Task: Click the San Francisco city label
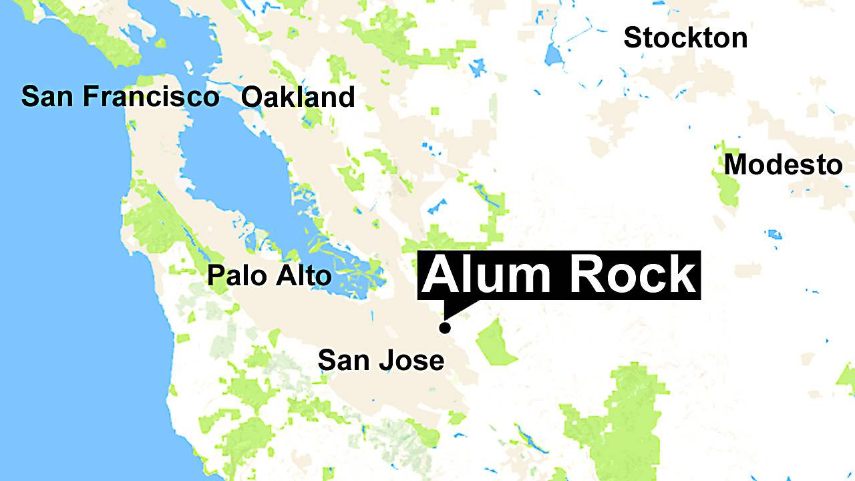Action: pyautogui.click(x=120, y=97)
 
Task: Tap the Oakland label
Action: pyautogui.click(x=298, y=98)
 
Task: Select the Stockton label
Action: pyautogui.click(x=685, y=38)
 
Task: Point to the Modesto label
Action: pyautogui.click(x=783, y=164)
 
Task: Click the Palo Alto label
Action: pyautogui.click(x=269, y=275)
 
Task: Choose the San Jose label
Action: pyautogui.click(x=381, y=361)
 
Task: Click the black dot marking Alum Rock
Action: pyautogui.click(x=444, y=327)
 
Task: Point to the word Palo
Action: pyautogui.click(x=232, y=275)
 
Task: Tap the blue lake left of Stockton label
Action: pyautogui.click(x=554, y=53)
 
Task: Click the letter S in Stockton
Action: pyautogui.click(x=631, y=38)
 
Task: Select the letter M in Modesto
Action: pyautogui.click(x=735, y=164)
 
